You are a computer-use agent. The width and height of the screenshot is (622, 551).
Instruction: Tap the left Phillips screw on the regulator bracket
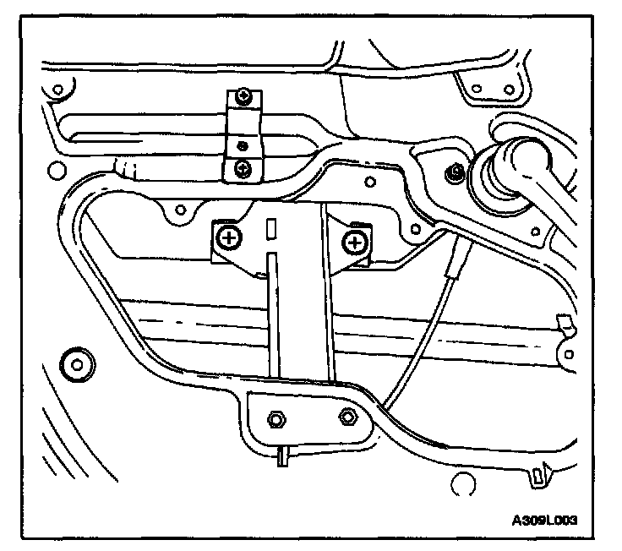tap(226, 238)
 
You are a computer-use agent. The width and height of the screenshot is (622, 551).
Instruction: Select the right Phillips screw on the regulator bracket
tap(354, 243)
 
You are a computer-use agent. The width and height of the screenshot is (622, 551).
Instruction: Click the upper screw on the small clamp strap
tap(243, 97)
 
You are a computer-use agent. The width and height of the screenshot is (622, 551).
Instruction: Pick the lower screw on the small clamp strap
tap(243, 167)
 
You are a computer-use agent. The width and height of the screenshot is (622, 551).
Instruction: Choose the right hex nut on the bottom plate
tap(346, 417)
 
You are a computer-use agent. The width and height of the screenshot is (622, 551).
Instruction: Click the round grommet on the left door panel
tap(78, 365)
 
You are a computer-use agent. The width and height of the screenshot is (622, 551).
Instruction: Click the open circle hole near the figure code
tap(461, 485)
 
